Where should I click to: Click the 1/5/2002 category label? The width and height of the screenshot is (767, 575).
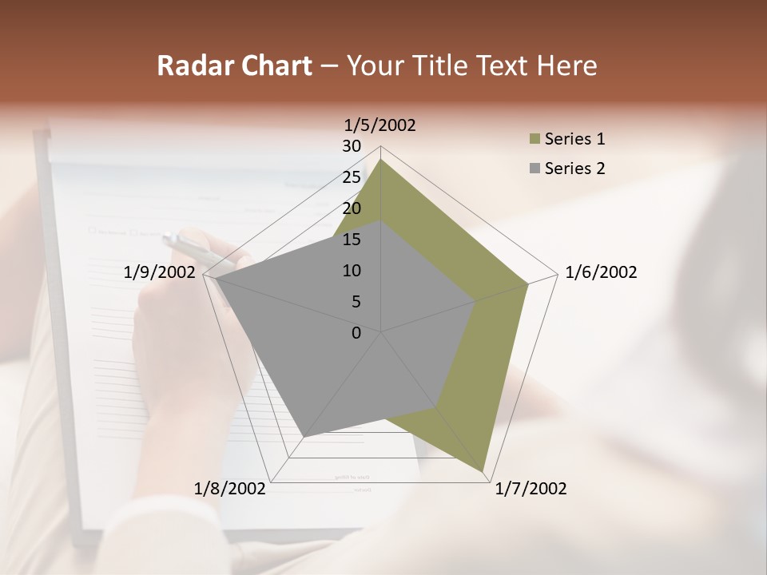click(x=380, y=125)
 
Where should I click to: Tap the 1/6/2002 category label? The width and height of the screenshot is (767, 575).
click(x=601, y=272)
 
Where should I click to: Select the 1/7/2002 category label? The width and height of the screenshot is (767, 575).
click(x=531, y=488)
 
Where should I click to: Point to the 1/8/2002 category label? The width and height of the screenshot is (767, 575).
click(x=230, y=488)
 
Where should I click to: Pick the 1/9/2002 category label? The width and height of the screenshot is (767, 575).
click(x=159, y=272)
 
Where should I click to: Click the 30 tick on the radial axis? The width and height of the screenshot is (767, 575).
click(x=352, y=146)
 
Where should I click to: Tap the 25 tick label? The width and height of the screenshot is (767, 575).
click(x=352, y=177)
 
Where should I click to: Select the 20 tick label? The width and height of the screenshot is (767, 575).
click(x=352, y=208)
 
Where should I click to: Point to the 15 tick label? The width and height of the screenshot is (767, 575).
click(x=352, y=240)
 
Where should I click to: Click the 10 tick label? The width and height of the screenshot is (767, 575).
click(x=352, y=271)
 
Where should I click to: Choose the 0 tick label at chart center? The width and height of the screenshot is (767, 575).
click(x=356, y=333)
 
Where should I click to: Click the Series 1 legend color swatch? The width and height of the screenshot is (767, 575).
click(x=535, y=140)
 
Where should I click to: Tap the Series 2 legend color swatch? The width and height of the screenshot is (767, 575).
click(x=535, y=169)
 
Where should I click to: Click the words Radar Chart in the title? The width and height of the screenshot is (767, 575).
click(x=233, y=65)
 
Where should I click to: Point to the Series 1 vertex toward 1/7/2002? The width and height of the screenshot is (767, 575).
click(x=483, y=471)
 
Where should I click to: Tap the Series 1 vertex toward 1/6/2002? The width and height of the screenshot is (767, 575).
click(x=527, y=284)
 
